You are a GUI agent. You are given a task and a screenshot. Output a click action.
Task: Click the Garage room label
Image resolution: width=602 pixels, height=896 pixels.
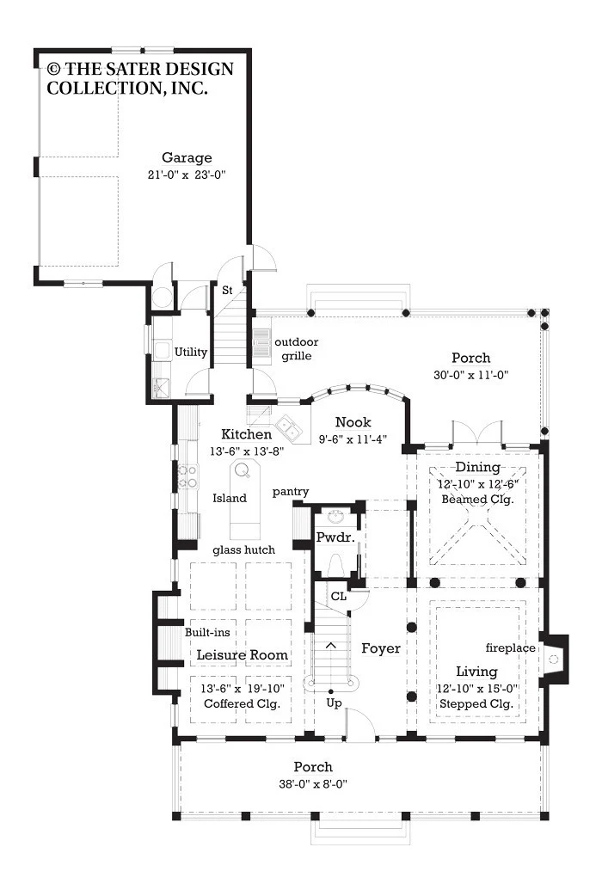point(187,157)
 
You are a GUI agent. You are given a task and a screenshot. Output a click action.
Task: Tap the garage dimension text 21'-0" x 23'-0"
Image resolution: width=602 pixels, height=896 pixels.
point(187,175)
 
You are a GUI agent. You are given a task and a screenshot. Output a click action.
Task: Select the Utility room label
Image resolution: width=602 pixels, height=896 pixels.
point(190,352)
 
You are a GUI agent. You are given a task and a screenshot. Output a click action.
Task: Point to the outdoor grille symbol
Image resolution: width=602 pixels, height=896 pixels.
point(261,343)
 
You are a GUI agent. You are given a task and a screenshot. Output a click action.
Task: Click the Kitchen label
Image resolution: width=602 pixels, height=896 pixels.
point(247,433)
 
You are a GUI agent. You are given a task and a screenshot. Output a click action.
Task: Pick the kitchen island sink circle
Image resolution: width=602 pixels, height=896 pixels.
point(242,470)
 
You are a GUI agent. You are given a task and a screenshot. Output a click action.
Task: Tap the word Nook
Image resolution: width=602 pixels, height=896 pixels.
point(353,422)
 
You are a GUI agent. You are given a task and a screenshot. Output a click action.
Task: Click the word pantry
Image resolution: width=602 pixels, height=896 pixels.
point(291,492)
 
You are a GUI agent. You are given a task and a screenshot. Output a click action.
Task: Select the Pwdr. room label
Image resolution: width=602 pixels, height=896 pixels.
point(335,537)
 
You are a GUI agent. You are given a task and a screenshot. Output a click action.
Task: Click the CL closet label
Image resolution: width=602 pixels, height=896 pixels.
point(339,596)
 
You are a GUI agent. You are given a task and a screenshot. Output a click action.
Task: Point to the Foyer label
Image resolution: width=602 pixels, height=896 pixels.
point(381,648)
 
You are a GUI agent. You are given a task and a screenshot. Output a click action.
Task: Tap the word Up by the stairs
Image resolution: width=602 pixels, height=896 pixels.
point(334,703)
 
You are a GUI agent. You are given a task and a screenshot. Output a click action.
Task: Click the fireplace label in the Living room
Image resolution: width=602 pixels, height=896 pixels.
point(511,648)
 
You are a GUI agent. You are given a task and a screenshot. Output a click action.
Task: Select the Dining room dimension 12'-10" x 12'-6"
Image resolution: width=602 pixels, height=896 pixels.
point(478,484)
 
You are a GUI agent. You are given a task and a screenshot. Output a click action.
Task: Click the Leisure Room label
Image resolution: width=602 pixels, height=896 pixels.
point(242,655)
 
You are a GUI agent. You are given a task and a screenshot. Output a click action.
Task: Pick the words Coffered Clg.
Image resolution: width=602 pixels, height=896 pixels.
point(242,704)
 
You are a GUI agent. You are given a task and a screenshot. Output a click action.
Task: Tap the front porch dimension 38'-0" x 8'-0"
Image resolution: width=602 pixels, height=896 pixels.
point(313,784)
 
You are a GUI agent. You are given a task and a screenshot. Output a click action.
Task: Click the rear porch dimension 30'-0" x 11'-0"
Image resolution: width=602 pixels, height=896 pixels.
point(470,376)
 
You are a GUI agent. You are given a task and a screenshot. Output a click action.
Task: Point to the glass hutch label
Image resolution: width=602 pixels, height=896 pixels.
point(243,550)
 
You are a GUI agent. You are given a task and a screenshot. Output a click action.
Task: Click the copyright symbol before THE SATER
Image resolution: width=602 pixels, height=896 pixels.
point(53,69)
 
